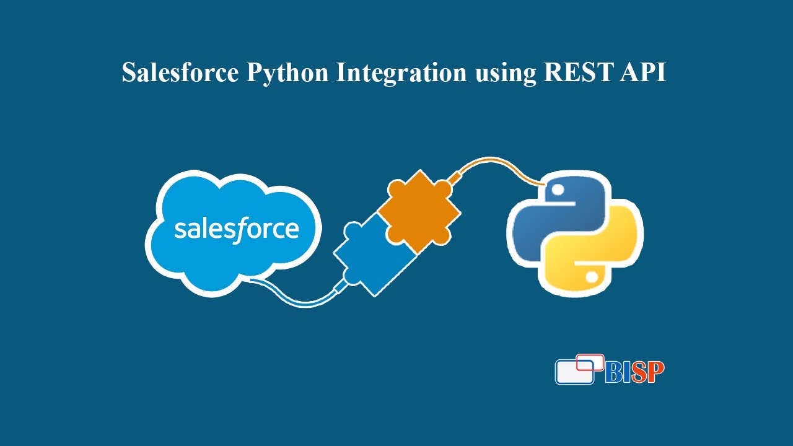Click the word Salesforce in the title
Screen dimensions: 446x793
click(x=180, y=72)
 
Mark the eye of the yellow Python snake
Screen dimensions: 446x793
click(x=592, y=276)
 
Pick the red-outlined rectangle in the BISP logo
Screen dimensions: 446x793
click(x=590, y=362)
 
